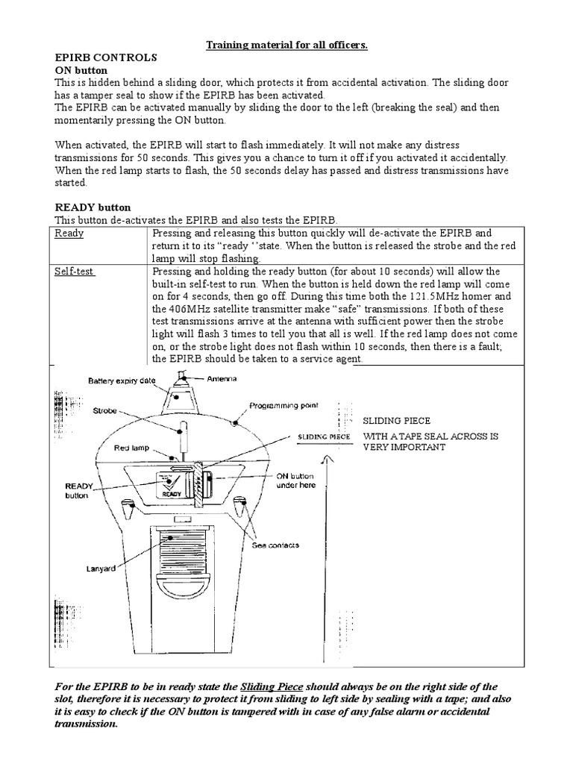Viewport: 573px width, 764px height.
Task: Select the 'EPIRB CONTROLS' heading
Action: point(106,57)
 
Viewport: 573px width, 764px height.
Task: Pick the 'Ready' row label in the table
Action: point(70,233)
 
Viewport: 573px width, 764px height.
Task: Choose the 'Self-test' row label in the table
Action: point(75,271)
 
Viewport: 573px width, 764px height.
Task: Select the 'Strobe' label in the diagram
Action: point(106,410)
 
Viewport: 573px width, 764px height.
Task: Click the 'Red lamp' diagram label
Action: point(132,448)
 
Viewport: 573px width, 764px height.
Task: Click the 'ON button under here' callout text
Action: point(296,480)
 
